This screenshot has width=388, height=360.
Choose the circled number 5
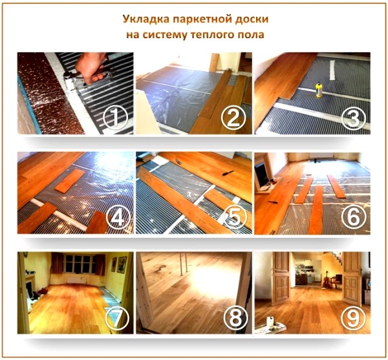click(233, 218)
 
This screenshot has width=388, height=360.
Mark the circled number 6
click(355, 217)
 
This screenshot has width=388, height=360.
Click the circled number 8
click(233, 318)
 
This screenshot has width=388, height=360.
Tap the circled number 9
click(355, 318)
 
